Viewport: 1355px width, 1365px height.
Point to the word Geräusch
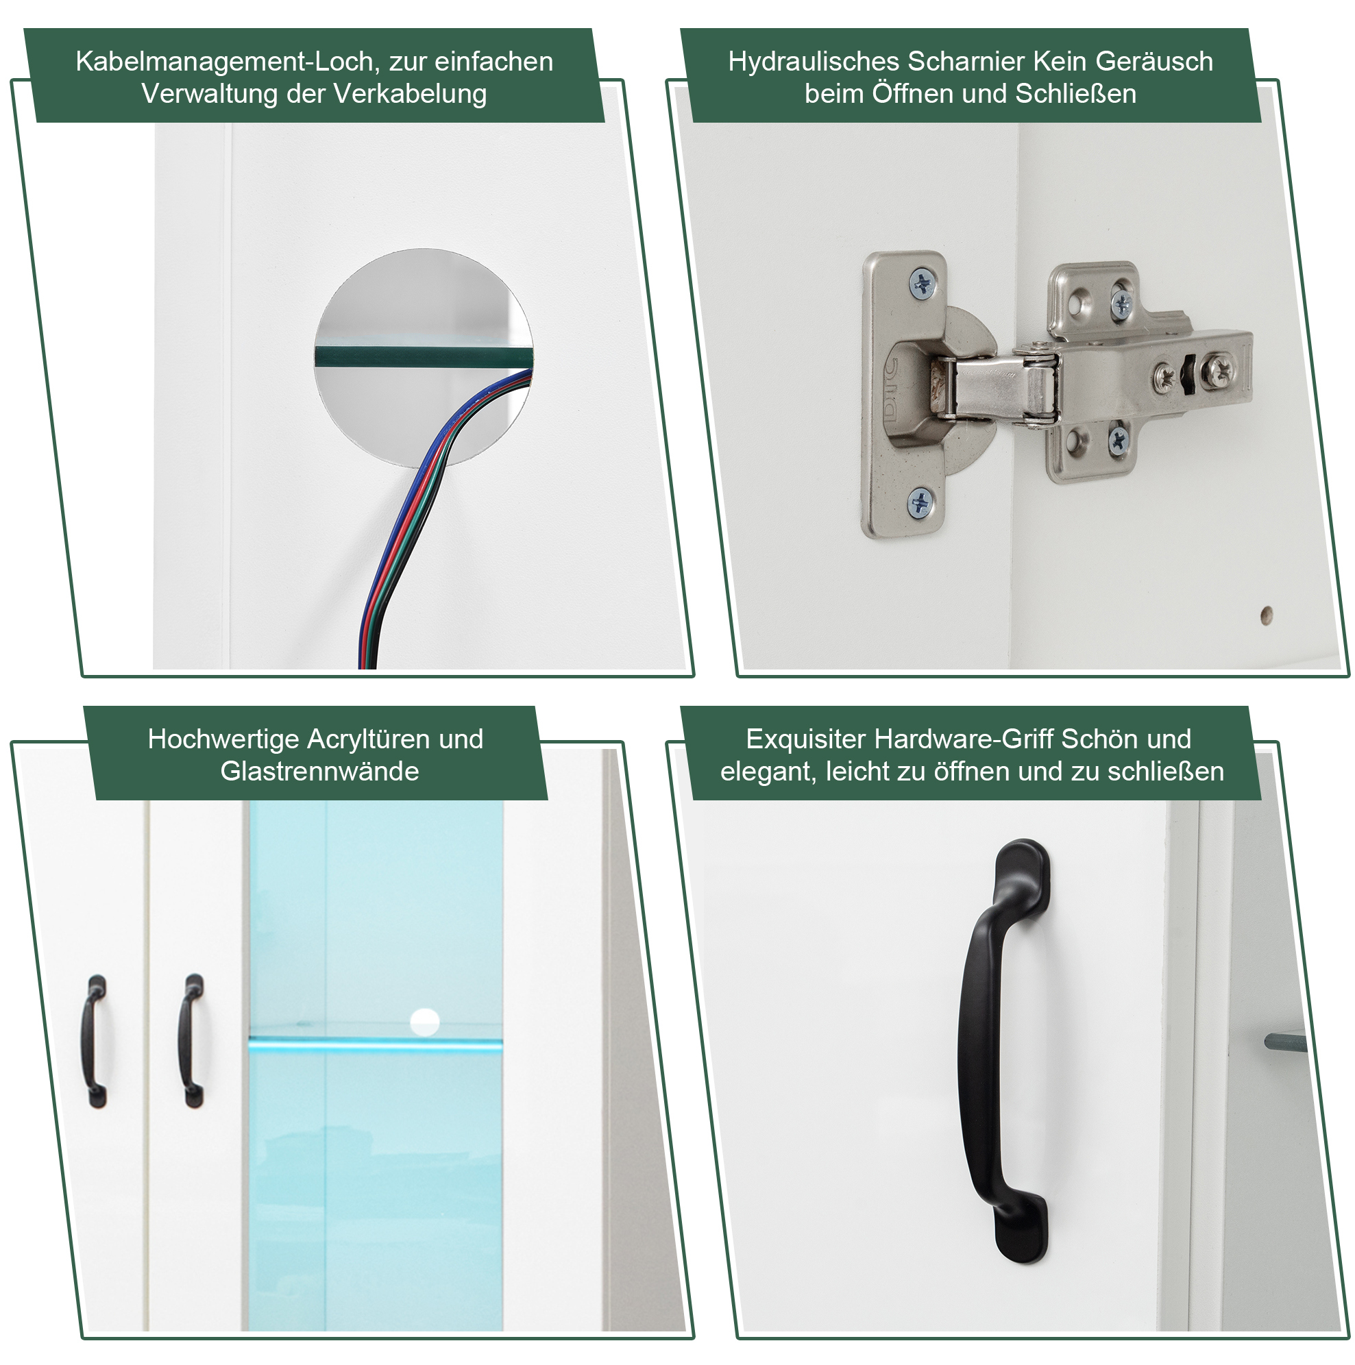pos(1153,62)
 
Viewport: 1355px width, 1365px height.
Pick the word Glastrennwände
pos(319,772)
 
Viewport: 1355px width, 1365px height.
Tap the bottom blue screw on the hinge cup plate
pos(920,503)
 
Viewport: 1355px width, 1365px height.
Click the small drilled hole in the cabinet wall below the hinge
pos(1266,615)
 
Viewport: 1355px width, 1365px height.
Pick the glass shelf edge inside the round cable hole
pos(423,356)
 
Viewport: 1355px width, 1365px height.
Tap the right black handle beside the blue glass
pos(191,1040)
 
